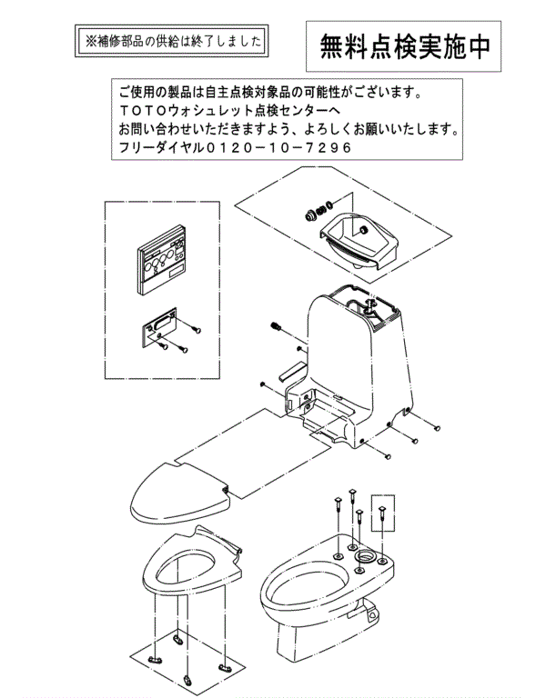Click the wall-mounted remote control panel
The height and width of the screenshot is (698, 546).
pyautogui.click(x=161, y=264)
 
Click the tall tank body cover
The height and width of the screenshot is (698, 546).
pyautogui.click(x=346, y=364)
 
